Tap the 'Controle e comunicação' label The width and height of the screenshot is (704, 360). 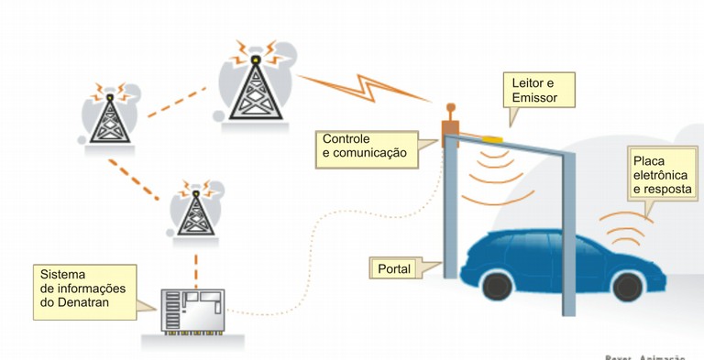(x=364, y=147)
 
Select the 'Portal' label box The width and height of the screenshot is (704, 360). (x=394, y=268)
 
